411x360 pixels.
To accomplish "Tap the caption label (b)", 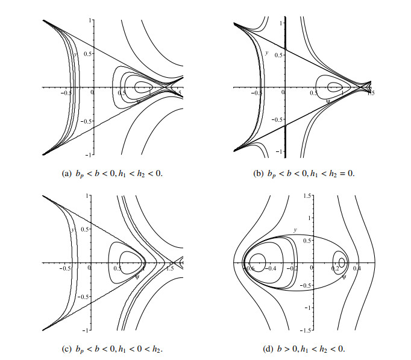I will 259,173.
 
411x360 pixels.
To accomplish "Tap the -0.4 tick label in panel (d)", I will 272,269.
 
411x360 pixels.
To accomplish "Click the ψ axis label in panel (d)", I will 344,277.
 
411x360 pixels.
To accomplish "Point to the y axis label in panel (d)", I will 295,230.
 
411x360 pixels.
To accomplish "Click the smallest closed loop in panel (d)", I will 342,262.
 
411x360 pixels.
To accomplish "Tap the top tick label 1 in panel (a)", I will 88,20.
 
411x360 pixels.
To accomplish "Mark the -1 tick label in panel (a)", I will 86,155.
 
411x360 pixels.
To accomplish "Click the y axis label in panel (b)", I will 266,53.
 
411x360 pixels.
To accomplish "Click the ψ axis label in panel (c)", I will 137,277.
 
